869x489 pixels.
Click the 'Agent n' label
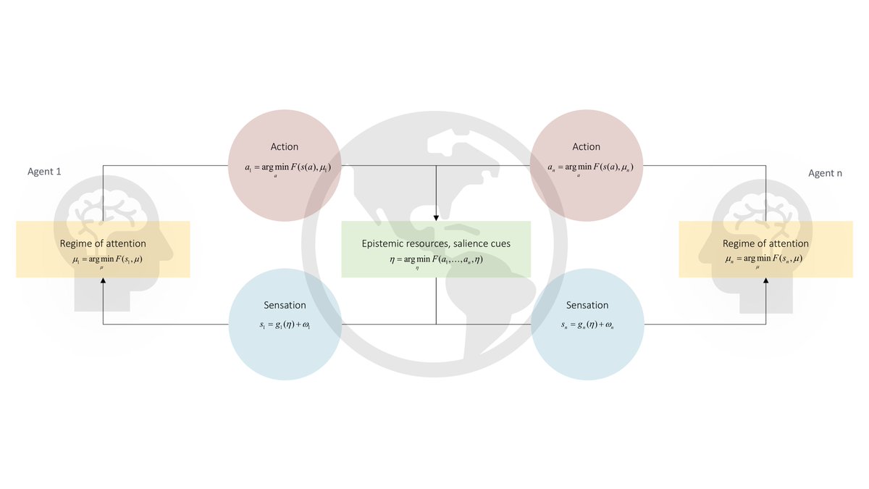tap(825, 173)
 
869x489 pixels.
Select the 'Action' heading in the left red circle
tap(284, 147)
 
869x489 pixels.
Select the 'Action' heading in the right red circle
tap(587, 147)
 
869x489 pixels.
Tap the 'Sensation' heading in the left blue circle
tap(284, 305)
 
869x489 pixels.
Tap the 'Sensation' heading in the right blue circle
tap(587, 305)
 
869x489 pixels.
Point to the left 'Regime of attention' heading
tap(103, 243)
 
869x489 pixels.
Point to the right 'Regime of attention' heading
tap(765, 243)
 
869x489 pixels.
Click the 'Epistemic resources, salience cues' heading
tap(436, 243)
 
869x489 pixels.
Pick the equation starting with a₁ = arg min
tap(284, 169)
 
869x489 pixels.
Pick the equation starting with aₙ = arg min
tap(587, 169)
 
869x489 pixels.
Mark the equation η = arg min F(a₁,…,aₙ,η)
tap(436, 259)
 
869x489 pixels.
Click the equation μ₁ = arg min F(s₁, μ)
tap(103, 259)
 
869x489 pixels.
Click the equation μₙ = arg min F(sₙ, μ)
tap(765, 259)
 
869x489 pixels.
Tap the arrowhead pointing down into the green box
tap(436, 217)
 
